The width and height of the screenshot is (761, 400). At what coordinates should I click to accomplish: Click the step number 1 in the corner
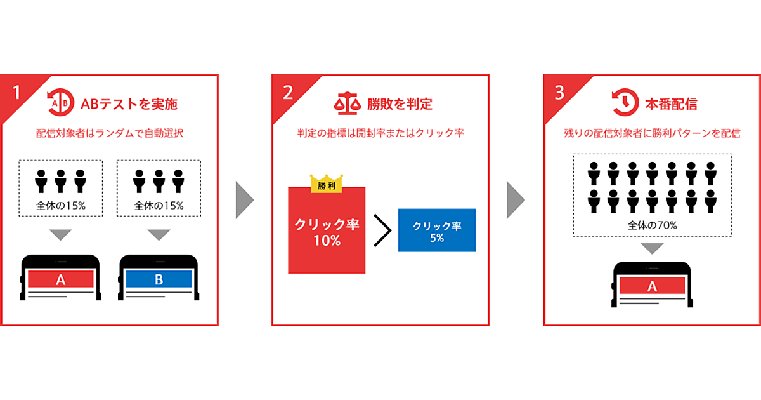[16, 93]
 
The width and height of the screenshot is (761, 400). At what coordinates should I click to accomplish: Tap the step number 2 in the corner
[288, 93]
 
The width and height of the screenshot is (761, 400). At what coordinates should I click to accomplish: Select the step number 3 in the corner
[559, 93]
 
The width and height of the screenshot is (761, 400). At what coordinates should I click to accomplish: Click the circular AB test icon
[60, 102]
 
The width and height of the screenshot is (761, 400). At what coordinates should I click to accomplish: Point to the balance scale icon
[348, 103]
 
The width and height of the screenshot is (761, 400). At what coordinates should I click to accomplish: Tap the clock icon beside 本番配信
[625, 102]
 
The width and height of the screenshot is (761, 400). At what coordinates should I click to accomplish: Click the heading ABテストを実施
[129, 104]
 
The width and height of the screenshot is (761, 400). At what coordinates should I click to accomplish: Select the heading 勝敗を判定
[400, 104]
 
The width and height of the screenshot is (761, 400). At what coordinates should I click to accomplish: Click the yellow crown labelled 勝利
[327, 183]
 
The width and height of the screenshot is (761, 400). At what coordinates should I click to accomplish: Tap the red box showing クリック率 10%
[327, 230]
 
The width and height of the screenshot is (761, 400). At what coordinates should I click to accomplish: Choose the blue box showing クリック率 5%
[437, 230]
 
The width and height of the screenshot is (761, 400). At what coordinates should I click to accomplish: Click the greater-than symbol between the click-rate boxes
[382, 230]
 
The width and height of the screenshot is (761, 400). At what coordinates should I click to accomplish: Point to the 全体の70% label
[653, 225]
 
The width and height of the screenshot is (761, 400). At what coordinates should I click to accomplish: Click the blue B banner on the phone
[159, 279]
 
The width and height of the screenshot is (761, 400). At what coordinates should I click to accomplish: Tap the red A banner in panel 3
[653, 286]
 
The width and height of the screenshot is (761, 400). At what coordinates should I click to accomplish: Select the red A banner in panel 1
[60, 279]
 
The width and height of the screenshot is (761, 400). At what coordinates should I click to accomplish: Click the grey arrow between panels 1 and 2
[245, 200]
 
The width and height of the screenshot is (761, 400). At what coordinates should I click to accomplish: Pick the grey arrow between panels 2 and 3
[516, 200]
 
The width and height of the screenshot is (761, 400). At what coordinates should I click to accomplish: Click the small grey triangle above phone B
[159, 235]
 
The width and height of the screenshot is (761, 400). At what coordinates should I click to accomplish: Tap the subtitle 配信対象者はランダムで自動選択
[110, 133]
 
